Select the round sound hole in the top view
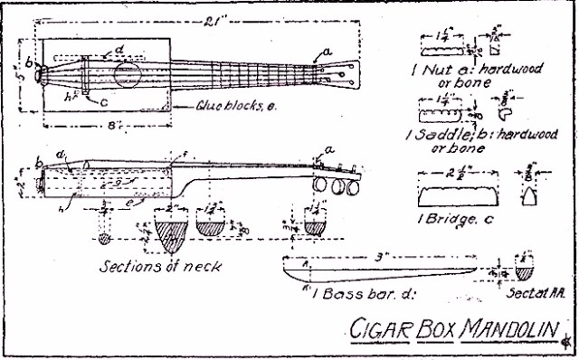click(x=128, y=74)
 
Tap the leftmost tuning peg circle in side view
click(x=321, y=185)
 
